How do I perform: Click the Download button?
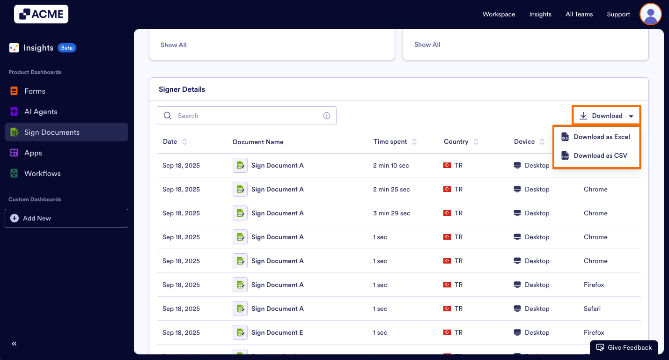[x=606, y=116]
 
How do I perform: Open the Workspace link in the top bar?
[x=499, y=15]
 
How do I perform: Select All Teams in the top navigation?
[x=579, y=15]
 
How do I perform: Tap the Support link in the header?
[x=618, y=15]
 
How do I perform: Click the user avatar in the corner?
[x=650, y=14]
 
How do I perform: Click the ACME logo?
[x=41, y=15]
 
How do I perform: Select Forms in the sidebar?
[x=35, y=91]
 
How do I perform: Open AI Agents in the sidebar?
[x=41, y=112]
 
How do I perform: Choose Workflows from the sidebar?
[x=42, y=174]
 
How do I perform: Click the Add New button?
[x=66, y=218]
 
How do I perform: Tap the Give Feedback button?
[x=624, y=348]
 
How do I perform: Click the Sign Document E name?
[x=277, y=333]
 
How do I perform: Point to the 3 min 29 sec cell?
[x=391, y=213]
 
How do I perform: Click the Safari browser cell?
[x=592, y=309]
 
